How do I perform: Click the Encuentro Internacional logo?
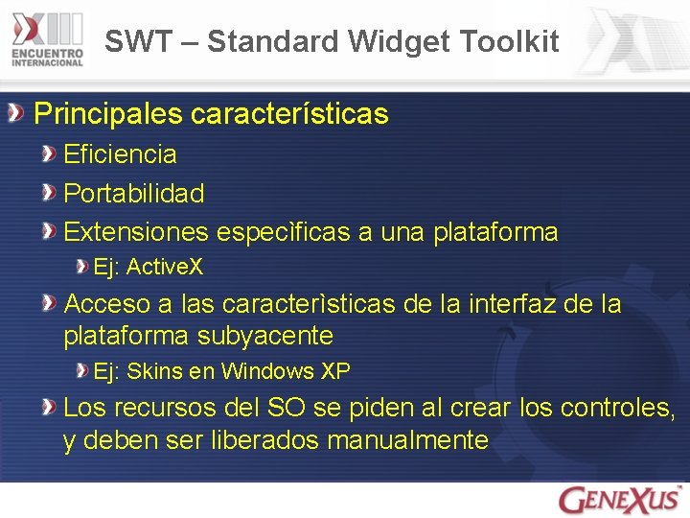(x=48, y=41)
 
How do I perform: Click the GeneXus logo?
(x=620, y=499)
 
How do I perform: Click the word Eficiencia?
(x=120, y=153)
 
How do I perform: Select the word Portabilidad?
(x=134, y=193)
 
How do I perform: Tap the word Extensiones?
(x=135, y=232)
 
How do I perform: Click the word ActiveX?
(x=165, y=267)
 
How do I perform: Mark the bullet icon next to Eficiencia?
(x=48, y=153)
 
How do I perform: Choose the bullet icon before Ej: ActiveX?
(x=81, y=266)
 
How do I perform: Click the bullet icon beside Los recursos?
(x=48, y=408)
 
